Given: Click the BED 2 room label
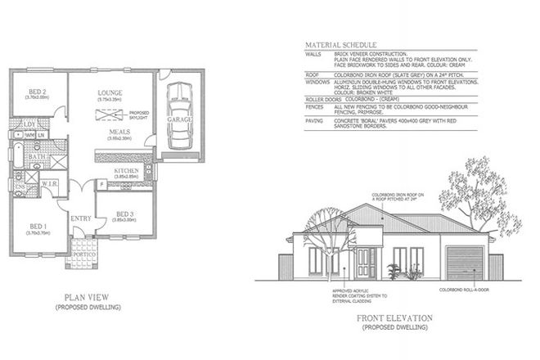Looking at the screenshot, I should coord(35,92).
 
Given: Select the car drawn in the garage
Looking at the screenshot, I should coord(175,119).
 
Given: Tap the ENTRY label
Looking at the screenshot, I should coord(81,218).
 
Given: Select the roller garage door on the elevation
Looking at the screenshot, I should coord(462,263).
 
